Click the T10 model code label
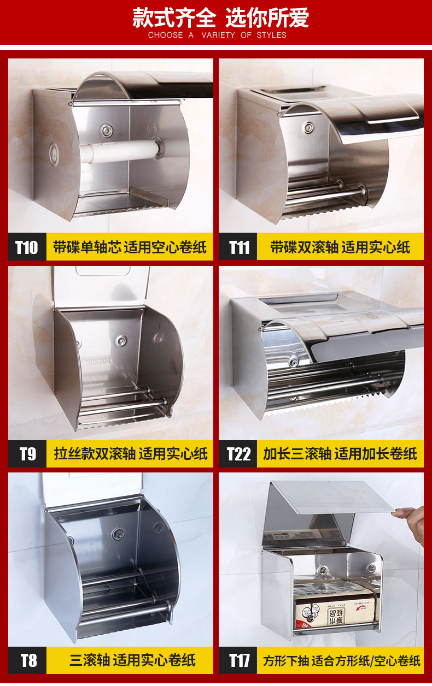tap(27, 247)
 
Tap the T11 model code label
tap(239, 247)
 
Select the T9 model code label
tap(27, 453)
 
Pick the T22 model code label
tap(239, 453)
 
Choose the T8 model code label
tap(28, 660)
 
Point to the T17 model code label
tap(239, 660)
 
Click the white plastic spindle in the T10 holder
tap(120, 151)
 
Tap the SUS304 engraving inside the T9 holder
tap(98, 362)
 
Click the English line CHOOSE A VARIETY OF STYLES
tap(217, 35)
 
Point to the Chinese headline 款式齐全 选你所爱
tap(220, 17)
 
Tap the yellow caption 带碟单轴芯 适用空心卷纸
tap(130, 247)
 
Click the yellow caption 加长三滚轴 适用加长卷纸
tap(340, 453)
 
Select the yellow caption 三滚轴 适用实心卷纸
tap(132, 660)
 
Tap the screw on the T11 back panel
tap(308, 127)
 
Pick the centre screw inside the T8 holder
tap(118, 534)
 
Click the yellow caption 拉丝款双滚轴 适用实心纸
tap(131, 453)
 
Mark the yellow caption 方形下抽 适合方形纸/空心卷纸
tap(342, 660)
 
